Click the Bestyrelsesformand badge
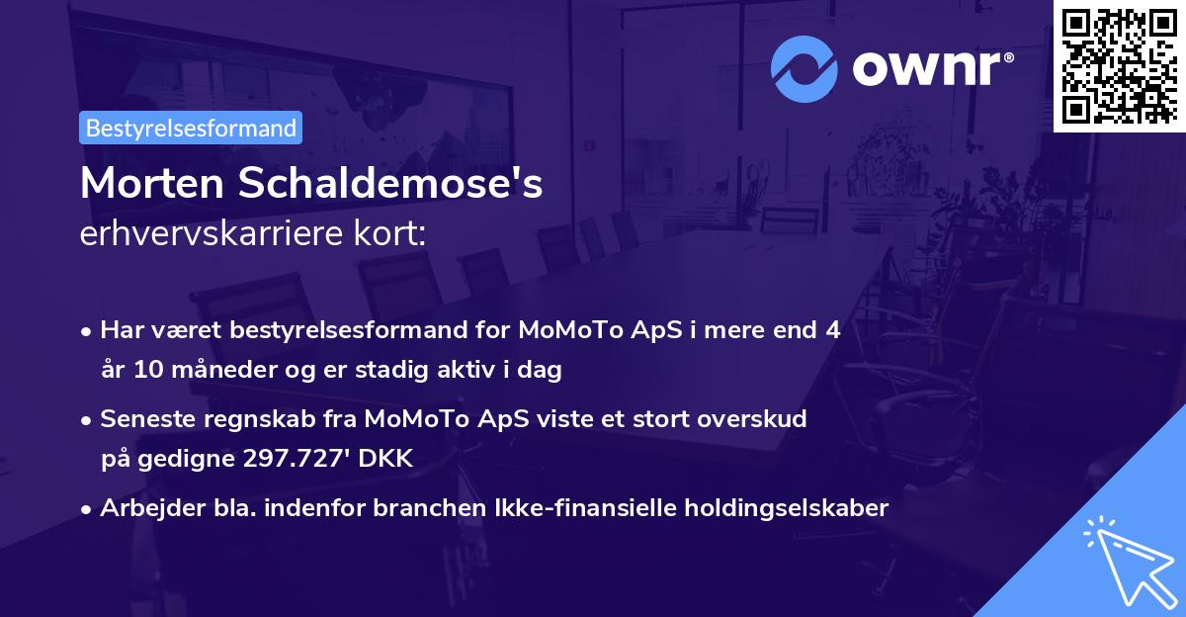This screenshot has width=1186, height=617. [x=191, y=128]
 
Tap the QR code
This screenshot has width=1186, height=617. [x=1120, y=65]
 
